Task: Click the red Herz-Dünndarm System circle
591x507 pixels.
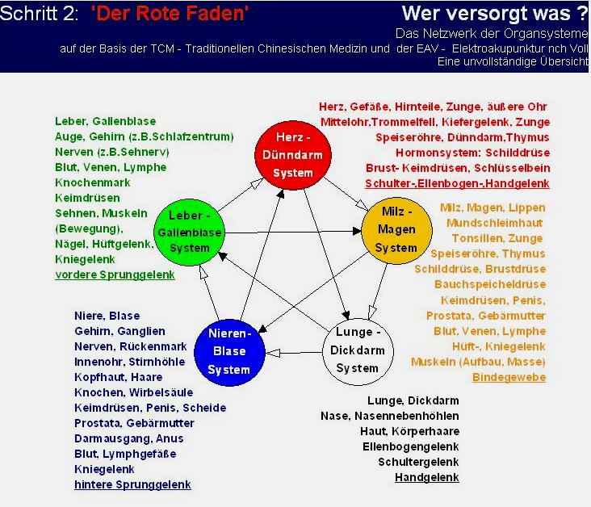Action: [x=293, y=155]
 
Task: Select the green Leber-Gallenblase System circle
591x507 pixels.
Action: [x=190, y=233]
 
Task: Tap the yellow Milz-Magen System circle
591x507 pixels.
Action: [x=396, y=230]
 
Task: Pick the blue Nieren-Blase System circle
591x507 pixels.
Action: [x=229, y=353]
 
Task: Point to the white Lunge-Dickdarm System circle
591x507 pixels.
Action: [x=358, y=351]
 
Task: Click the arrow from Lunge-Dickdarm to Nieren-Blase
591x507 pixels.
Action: [x=294, y=353]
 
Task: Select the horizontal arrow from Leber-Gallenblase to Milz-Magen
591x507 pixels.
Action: [x=293, y=232]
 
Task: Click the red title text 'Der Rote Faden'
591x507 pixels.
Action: [x=170, y=13]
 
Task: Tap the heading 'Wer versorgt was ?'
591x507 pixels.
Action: [x=494, y=13]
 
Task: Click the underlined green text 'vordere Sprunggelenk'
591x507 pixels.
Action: [x=115, y=274]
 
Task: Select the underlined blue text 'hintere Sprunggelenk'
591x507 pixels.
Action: [x=132, y=484]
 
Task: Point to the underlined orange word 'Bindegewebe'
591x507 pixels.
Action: [x=509, y=377]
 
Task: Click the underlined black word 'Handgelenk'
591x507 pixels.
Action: [x=427, y=477]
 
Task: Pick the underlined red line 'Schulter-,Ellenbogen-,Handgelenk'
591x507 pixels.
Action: [x=457, y=183]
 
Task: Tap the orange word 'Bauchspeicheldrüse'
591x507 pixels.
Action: [x=490, y=284]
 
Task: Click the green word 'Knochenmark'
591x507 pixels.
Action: [x=93, y=182]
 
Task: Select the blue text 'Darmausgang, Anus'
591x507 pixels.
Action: [x=129, y=438]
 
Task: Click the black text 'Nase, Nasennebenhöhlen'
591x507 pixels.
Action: [x=390, y=416]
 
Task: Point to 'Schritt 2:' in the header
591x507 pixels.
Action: [x=40, y=13]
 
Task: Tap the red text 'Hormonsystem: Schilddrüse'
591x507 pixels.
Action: [x=472, y=153]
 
